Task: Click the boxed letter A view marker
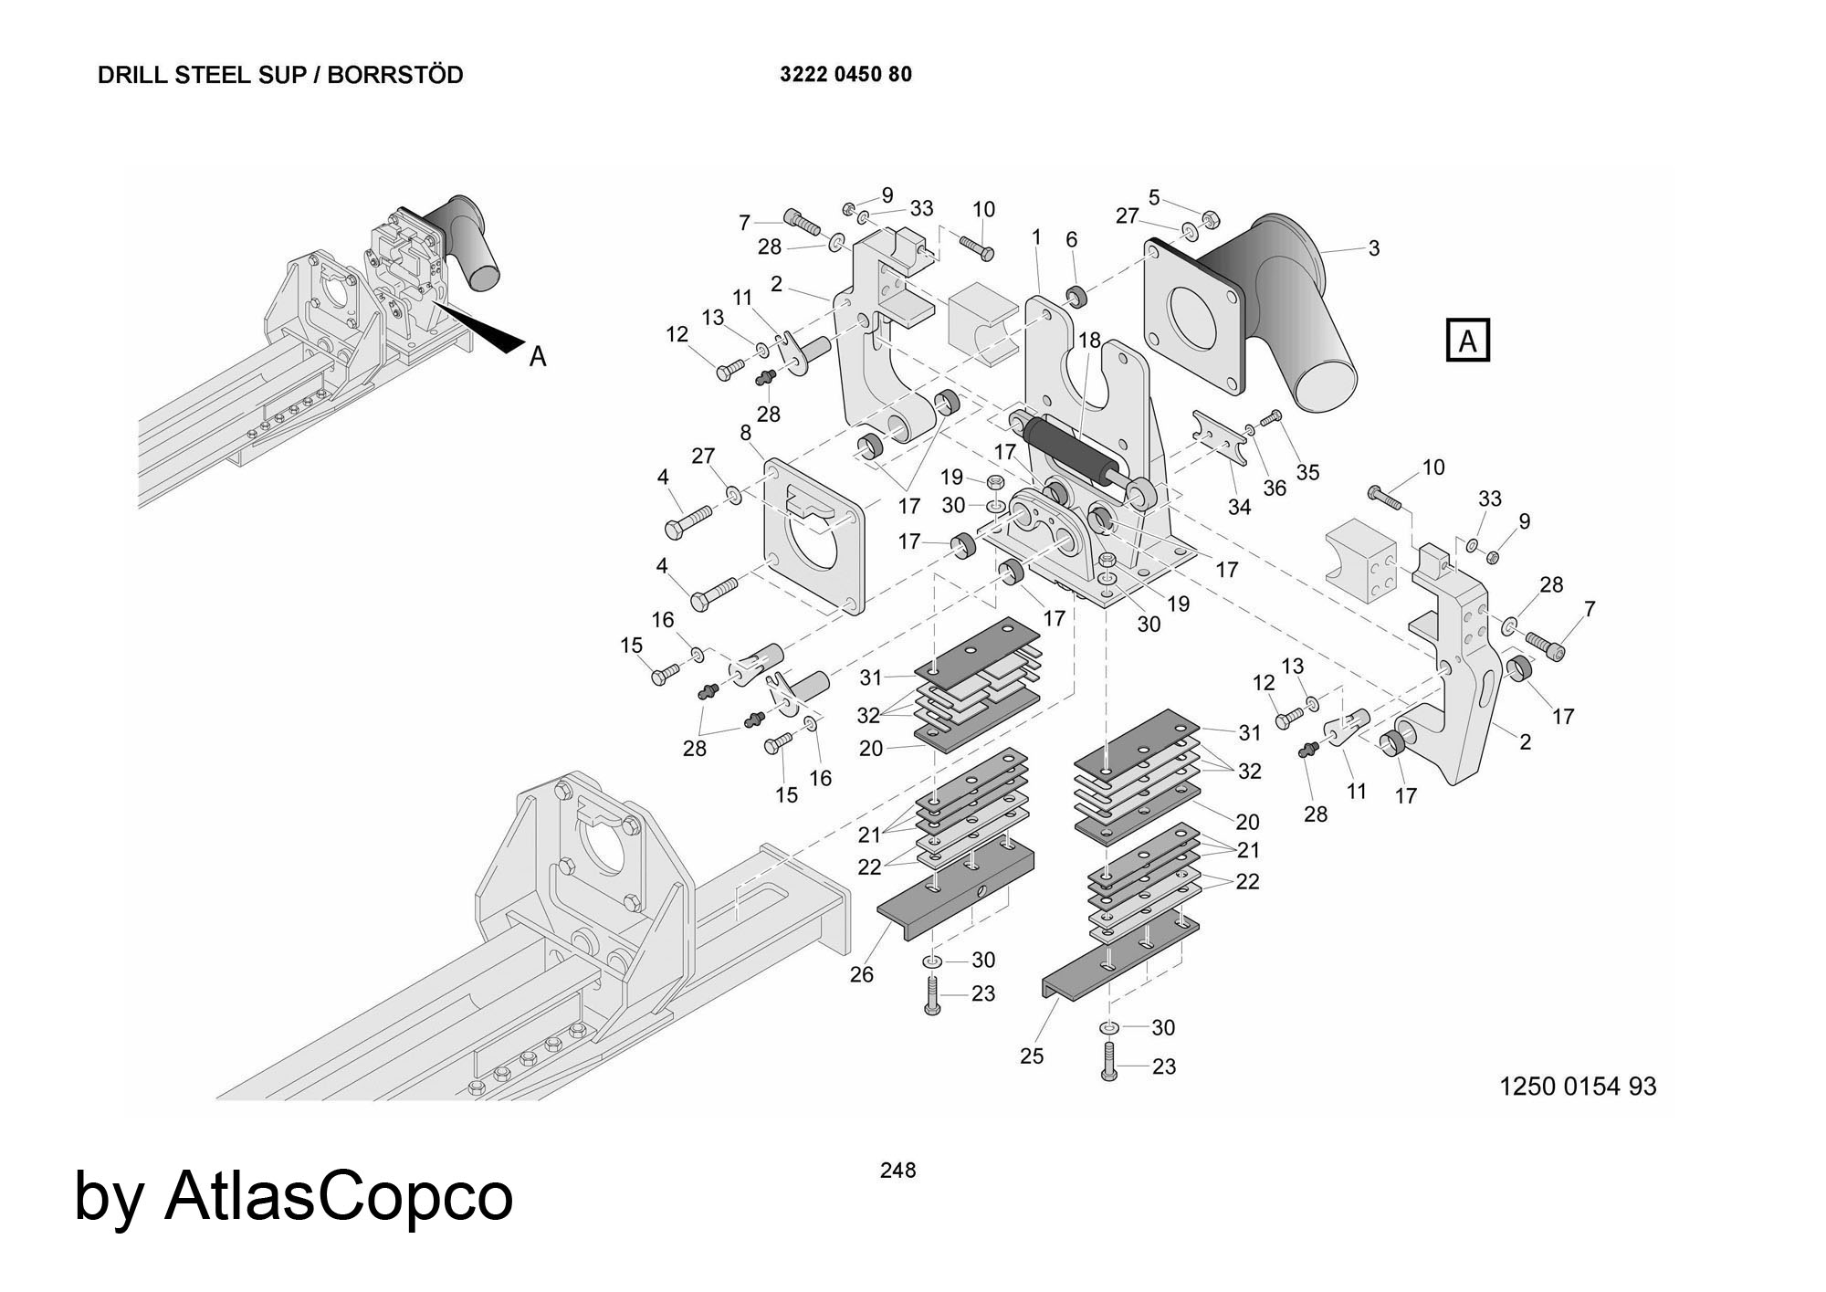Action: pyautogui.click(x=1467, y=341)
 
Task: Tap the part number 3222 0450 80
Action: pyautogui.click(x=845, y=75)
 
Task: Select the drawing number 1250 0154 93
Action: pyautogui.click(x=1578, y=1086)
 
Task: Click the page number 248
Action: pyautogui.click(x=897, y=1170)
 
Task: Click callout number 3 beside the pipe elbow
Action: pyautogui.click(x=1373, y=247)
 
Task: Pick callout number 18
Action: pyautogui.click(x=1089, y=341)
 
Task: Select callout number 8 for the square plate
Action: pyautogui.click(x=745, y=431)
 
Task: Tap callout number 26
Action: pyautogui.click(x=861, y=974)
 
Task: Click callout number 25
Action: pyautogui.click(x=1032, y=1056)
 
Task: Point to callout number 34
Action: pyautogui.click(x=1239, y=506)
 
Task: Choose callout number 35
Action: pyautogui.click(x=1308, y=472)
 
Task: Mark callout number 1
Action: pyautogui.click(x=1036, y=237)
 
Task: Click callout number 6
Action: pyautogui.click(x=1071, y=239)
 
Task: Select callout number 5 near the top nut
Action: pyautogui.click(x=1154, y=197)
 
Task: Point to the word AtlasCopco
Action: pyautogui.click(x=339, y=1196)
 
